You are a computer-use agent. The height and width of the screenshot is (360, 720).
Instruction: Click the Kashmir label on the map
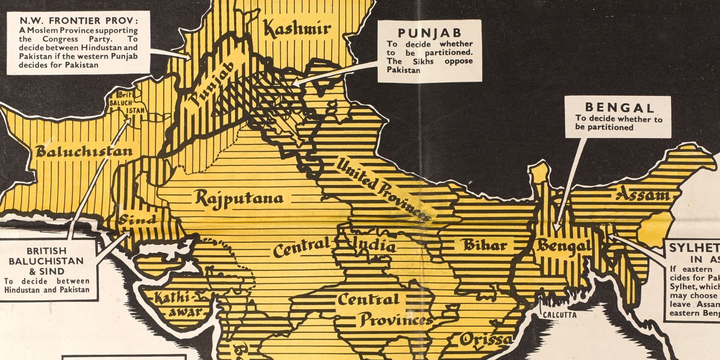pyautogui.click(x=297, y=28)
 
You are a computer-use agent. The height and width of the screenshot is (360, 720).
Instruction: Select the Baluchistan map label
pyautogui.click(x=84, y=151)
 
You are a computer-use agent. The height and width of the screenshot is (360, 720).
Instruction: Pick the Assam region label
pyautogui.click(x=642, y=195)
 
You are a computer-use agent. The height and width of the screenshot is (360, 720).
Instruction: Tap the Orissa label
pyautogui.click(x=486, y=340)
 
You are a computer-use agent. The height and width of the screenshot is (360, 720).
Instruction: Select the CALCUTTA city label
pyautogui.click(x=560, y=315)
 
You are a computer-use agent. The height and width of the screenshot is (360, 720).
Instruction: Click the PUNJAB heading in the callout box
pyautogui.click(x=429, y=33)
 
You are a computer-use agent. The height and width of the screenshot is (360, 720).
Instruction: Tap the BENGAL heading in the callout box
pyautogui.click(x=619, y=108)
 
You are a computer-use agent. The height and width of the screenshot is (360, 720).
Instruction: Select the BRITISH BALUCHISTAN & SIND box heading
pyautogui.click(x=46, y=261)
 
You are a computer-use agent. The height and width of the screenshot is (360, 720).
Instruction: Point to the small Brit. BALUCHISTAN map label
pyautogui.click(x=126, y=103)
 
